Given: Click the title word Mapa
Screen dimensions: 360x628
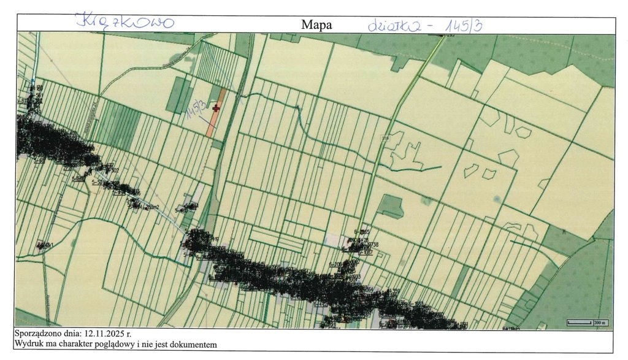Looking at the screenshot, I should [316, 25].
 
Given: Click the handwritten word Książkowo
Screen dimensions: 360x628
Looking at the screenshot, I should [125, 22].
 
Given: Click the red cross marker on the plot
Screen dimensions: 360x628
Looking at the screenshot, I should [216, 108].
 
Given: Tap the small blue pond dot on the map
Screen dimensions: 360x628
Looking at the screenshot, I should [496, 198].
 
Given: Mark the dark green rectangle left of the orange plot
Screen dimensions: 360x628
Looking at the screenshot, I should [180, 94].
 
